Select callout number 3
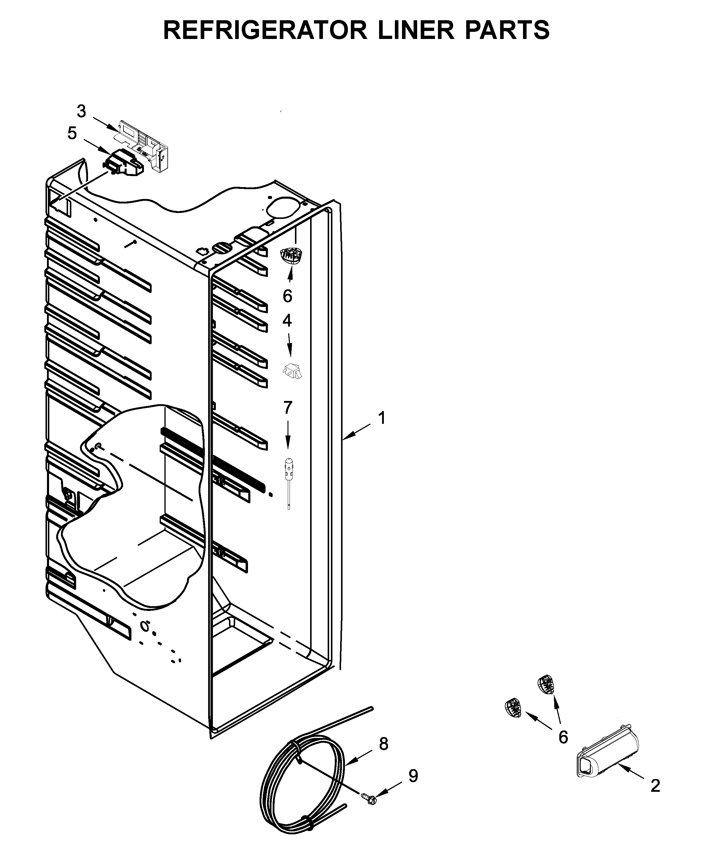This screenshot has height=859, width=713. click(81, 111)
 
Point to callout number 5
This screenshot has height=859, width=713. click(72, 133)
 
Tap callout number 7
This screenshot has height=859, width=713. click(288, 407)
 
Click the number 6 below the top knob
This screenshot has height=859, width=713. click(288, 296)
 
